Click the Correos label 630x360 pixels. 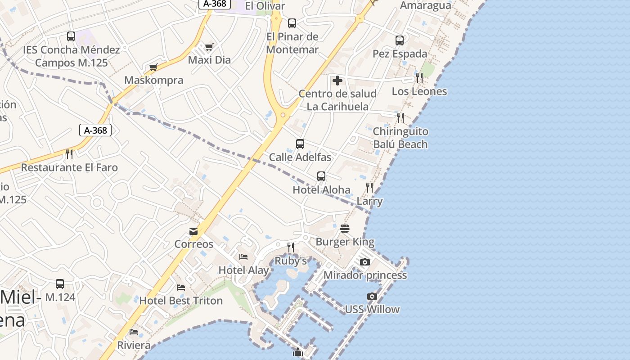(194, 244)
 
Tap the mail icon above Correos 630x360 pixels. (193, 232)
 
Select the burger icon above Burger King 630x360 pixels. (345, 229)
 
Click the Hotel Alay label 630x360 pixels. (243, 270)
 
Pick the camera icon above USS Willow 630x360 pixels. (372, 296)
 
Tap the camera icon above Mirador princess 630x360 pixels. (365, 262)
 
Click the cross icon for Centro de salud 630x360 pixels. (337, 81)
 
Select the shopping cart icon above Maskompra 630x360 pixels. (153, 67)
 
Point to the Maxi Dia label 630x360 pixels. (209, 60)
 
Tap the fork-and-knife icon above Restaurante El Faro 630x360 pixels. (69, 154)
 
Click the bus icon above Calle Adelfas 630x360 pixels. (300, 144)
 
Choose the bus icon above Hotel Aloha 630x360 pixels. (321, 176)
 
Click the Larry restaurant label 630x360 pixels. (369, 201)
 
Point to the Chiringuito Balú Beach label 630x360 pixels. (400, 138)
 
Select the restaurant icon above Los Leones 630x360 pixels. (419, 77)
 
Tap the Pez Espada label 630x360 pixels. (400, 54)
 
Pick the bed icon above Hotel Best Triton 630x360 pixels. (181, 288)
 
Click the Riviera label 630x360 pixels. (134, 345)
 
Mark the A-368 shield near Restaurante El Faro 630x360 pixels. (95, 130)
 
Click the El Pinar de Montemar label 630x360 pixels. (292, 43)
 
